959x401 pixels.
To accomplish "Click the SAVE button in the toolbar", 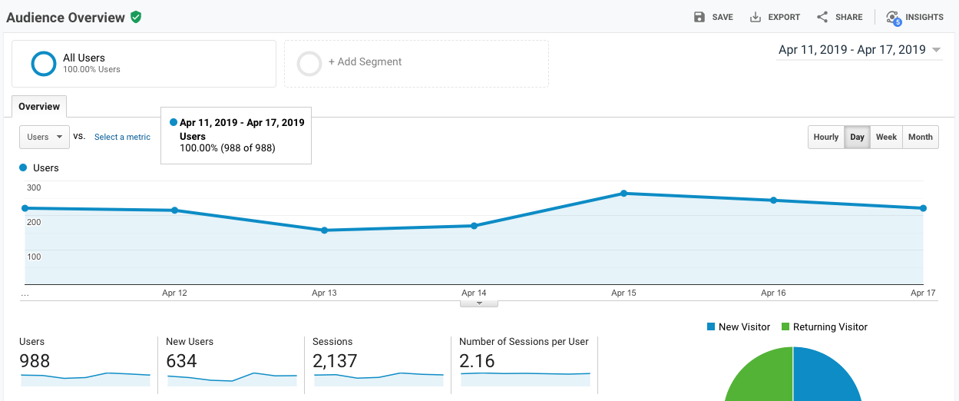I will [713, 17].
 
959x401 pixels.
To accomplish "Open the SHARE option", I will [839, 17].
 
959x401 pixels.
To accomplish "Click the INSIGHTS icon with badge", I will [893, 18].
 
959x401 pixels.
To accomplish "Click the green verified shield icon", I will [136, 17].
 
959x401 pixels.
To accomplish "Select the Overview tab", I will [39, 107].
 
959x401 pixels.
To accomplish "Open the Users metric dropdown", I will [45, 137].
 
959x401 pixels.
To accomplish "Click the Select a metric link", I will [122, 137].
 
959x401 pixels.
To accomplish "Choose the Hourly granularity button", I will [826, 137].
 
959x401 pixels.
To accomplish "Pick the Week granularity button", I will [886, 137].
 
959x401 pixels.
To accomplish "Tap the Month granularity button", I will [920, 137].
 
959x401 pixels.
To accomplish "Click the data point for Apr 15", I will [623, 194].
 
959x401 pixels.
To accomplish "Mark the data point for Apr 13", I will [324, 230].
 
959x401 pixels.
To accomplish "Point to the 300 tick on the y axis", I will [34, 187].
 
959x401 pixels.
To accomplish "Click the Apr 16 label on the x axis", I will [772, 293].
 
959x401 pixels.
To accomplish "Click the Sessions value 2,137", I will [335, 361].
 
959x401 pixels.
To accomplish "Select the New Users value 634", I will [182, 361].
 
